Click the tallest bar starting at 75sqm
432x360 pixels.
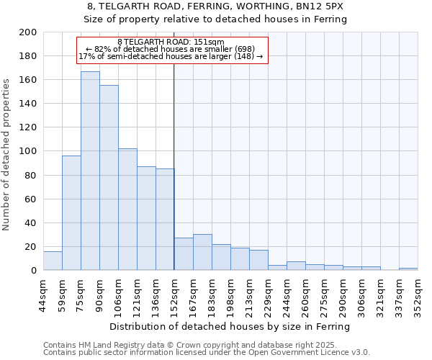(x=90, y=171)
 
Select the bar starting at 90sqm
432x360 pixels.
(x=109, y=178)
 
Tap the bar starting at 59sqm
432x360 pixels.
(x=71, y=213)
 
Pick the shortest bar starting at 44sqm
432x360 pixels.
(x=53, y=261)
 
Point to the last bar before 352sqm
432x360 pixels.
(x=408, y=269)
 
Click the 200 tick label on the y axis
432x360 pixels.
(x=28, y=32)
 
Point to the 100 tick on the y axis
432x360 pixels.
(x=28, y=151)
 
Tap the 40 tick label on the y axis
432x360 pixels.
(x=30, y=222)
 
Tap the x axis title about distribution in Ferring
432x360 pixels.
(x=230, y=326)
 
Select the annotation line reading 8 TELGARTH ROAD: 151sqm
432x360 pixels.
(x=171, y=42)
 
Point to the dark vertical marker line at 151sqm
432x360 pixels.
(x=174, y=180)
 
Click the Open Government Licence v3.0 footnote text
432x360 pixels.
(x=207, y=353)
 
